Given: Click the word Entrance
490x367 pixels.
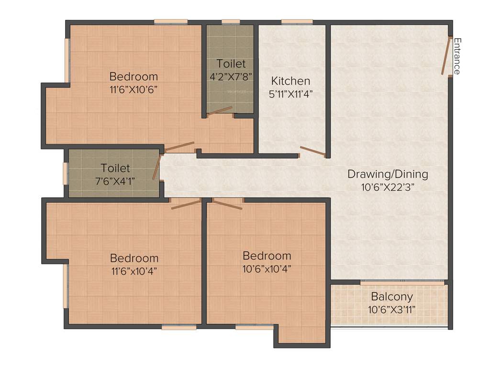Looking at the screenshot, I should coord(457,56).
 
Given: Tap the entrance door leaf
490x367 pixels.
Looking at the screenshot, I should coord(446,56).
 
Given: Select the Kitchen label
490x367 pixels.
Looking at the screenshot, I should coord(290,81).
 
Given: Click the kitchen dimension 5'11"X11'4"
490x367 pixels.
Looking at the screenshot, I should coord(290,94).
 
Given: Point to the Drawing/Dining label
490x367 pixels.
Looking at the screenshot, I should coord(388,174).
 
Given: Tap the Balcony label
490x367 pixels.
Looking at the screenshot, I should coord(391,296).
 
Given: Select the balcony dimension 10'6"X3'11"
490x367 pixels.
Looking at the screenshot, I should coord(391,309).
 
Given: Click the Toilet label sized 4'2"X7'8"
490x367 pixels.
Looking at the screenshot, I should coord(231,64).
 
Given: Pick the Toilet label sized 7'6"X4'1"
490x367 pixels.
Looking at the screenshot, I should coord(115,168).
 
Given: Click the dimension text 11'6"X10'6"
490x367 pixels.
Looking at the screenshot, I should coord(134,89).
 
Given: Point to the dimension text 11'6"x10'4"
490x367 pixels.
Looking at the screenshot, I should coord(134,271).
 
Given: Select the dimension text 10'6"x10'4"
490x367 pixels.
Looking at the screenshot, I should coord(267,268).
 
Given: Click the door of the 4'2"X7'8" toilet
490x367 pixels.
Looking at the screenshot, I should coord(220,111).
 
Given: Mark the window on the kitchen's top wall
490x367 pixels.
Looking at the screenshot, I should coord(297,22).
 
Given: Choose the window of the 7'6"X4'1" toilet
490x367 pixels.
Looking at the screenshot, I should coord(66,173).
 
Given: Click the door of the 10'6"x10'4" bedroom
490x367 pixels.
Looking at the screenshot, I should coord(227,205).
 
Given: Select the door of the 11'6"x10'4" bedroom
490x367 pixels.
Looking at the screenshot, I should coord(186,205).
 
